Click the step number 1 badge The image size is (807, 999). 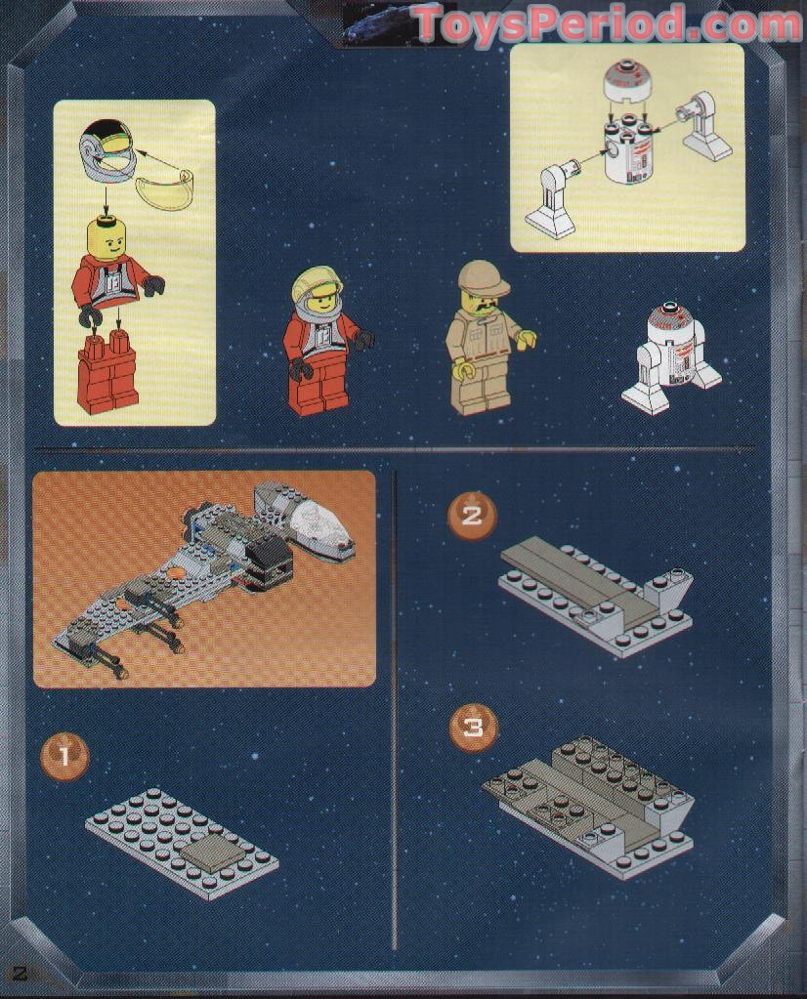(64, 756)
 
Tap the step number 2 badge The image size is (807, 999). (472, 515)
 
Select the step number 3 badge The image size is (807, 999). (473, 727)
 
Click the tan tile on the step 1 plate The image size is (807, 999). (210, 851)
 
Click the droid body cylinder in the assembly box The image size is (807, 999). (627, 155)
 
